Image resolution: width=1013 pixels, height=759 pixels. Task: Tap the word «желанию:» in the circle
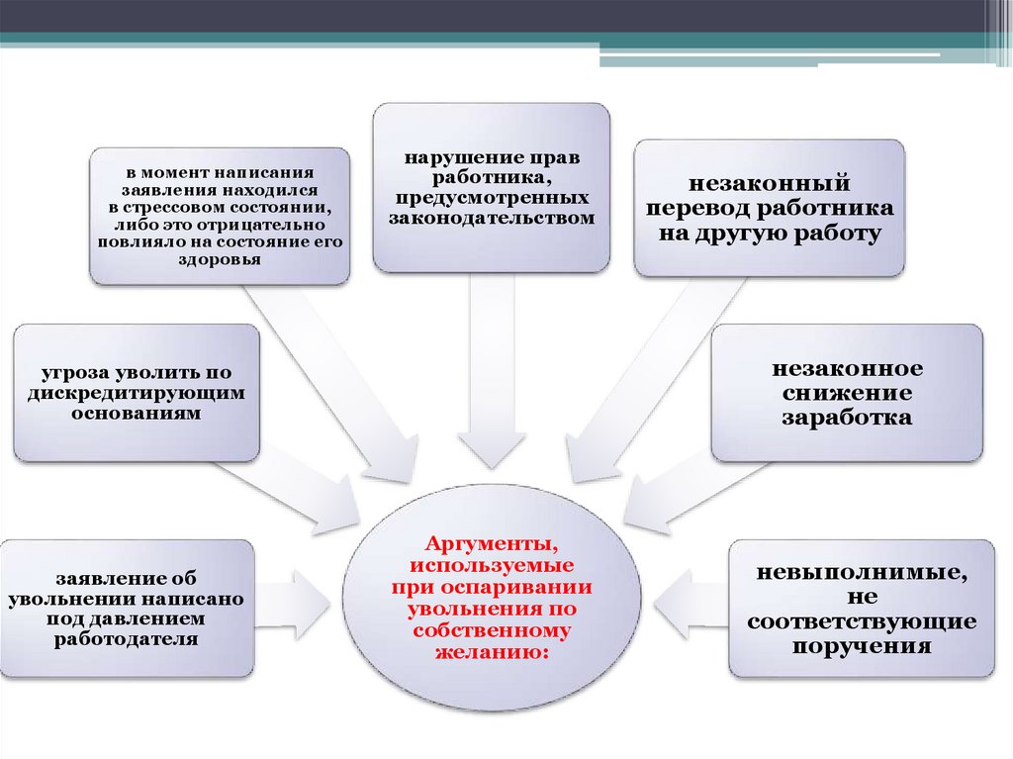point(486,653)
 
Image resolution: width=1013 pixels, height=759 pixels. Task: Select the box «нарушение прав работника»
point(491,187)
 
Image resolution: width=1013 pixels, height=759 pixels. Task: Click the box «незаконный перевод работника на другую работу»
point(769,208)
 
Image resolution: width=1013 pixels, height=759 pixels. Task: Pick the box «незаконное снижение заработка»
point(847,393)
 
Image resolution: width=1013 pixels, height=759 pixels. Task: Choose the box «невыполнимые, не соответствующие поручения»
point(862,609)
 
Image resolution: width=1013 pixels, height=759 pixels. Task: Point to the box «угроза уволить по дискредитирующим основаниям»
point(137,393)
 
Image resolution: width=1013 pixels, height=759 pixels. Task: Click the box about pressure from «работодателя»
point(128,608)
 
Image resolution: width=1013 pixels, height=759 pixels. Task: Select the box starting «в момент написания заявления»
point(219,216)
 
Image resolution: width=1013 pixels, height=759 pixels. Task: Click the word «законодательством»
point(491,218)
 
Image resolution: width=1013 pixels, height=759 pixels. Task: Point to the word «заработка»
point(847,418)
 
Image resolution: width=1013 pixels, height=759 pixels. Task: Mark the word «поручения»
point(862,646)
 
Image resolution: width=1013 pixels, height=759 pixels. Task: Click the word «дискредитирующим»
point(137,393)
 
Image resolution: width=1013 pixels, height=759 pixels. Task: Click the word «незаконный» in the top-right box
point(769,184)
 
